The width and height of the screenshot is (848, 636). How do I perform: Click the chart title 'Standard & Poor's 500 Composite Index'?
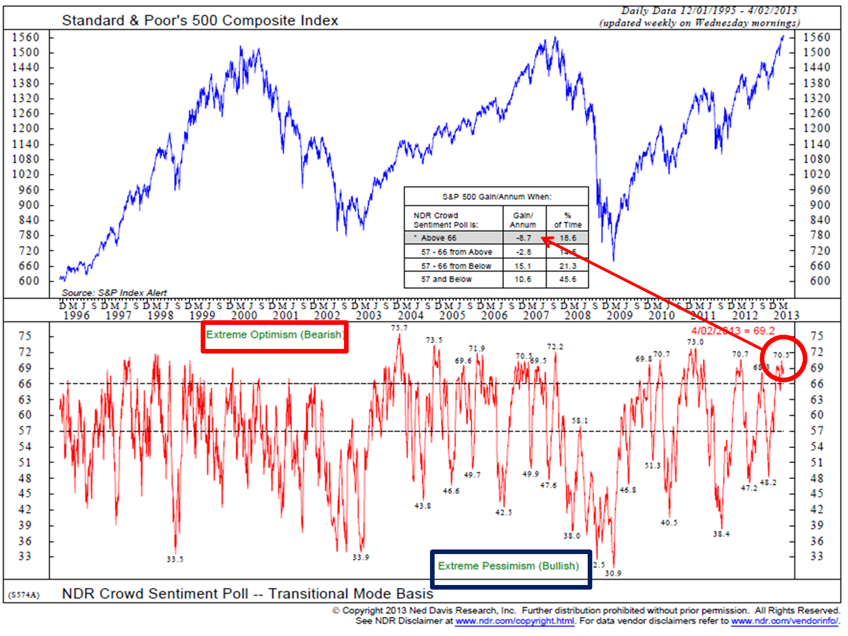tap(200, 21)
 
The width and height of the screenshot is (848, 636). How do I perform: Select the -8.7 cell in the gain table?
tap(523, 238)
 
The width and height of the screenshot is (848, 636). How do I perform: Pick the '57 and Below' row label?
tap(446, 280)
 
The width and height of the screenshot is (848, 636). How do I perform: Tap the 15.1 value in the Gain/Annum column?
tap(523, 266)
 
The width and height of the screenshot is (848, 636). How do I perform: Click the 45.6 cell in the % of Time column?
tap(568, 280)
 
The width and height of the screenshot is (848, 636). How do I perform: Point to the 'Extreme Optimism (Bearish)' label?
tap(275, 335)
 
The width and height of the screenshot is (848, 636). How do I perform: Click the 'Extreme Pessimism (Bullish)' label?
tap(508, 566)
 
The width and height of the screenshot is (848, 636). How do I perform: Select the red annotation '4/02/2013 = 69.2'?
tap(733, 331)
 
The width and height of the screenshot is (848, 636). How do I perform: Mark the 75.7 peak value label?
tap(399, 328)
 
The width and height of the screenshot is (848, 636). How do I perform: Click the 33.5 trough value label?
tap(175, 559)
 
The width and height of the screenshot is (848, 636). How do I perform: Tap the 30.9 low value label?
tap(613, 573)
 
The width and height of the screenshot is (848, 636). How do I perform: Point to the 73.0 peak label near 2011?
tap(695, 342)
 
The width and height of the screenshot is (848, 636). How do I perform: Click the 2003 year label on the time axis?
tap(369, 315)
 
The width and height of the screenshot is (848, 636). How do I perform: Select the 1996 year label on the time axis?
tap(76, 315)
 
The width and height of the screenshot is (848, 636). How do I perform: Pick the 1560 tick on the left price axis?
tap(26, 38)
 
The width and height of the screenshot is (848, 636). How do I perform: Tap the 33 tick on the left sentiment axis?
tap(25, 556)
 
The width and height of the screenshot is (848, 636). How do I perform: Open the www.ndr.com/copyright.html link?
tap(514, 621)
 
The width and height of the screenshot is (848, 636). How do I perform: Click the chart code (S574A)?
tap(24, 595)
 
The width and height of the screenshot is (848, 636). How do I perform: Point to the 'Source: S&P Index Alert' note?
tap(114, 293)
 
